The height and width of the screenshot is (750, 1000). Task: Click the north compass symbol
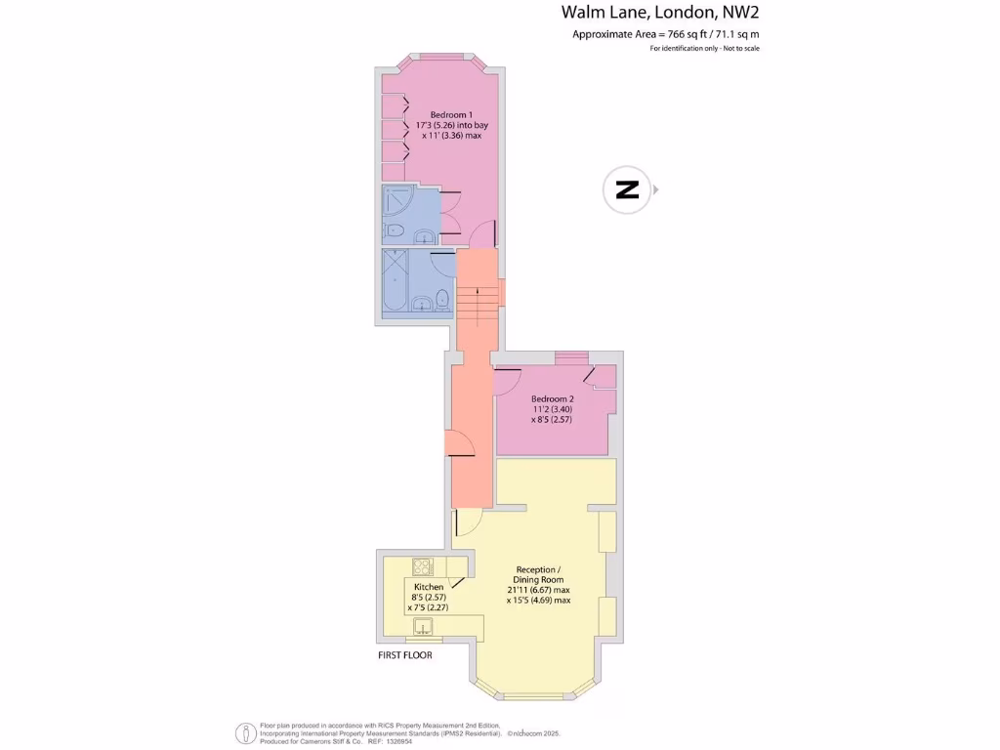tap(627, 189)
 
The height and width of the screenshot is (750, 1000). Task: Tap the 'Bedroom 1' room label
tap(437, 114)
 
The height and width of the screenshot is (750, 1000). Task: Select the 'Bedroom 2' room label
tap(552, 398)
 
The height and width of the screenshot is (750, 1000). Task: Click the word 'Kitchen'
tap(429, 587)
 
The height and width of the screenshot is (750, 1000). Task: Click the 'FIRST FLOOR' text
tap(404, 655)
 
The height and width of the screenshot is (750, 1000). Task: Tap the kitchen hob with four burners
tap(423, 566)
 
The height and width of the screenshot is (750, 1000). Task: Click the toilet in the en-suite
tap(394, 231)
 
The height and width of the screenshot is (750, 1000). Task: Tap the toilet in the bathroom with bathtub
tap(441, 298)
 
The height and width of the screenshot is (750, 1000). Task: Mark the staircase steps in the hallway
tap(479, 308)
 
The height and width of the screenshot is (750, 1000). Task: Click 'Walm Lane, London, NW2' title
tap(659, 13)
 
